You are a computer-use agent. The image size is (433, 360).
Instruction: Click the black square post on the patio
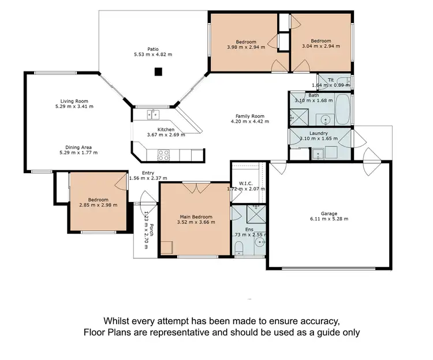(x=158, y=72)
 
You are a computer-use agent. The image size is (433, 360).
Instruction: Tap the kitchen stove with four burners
(x=163, y=154)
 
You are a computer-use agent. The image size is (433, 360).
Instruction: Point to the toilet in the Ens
(x=238, y=247)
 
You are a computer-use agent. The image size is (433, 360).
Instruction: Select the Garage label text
(x=329, y=213)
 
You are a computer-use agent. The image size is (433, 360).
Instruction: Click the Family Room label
(x=247, y=115)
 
